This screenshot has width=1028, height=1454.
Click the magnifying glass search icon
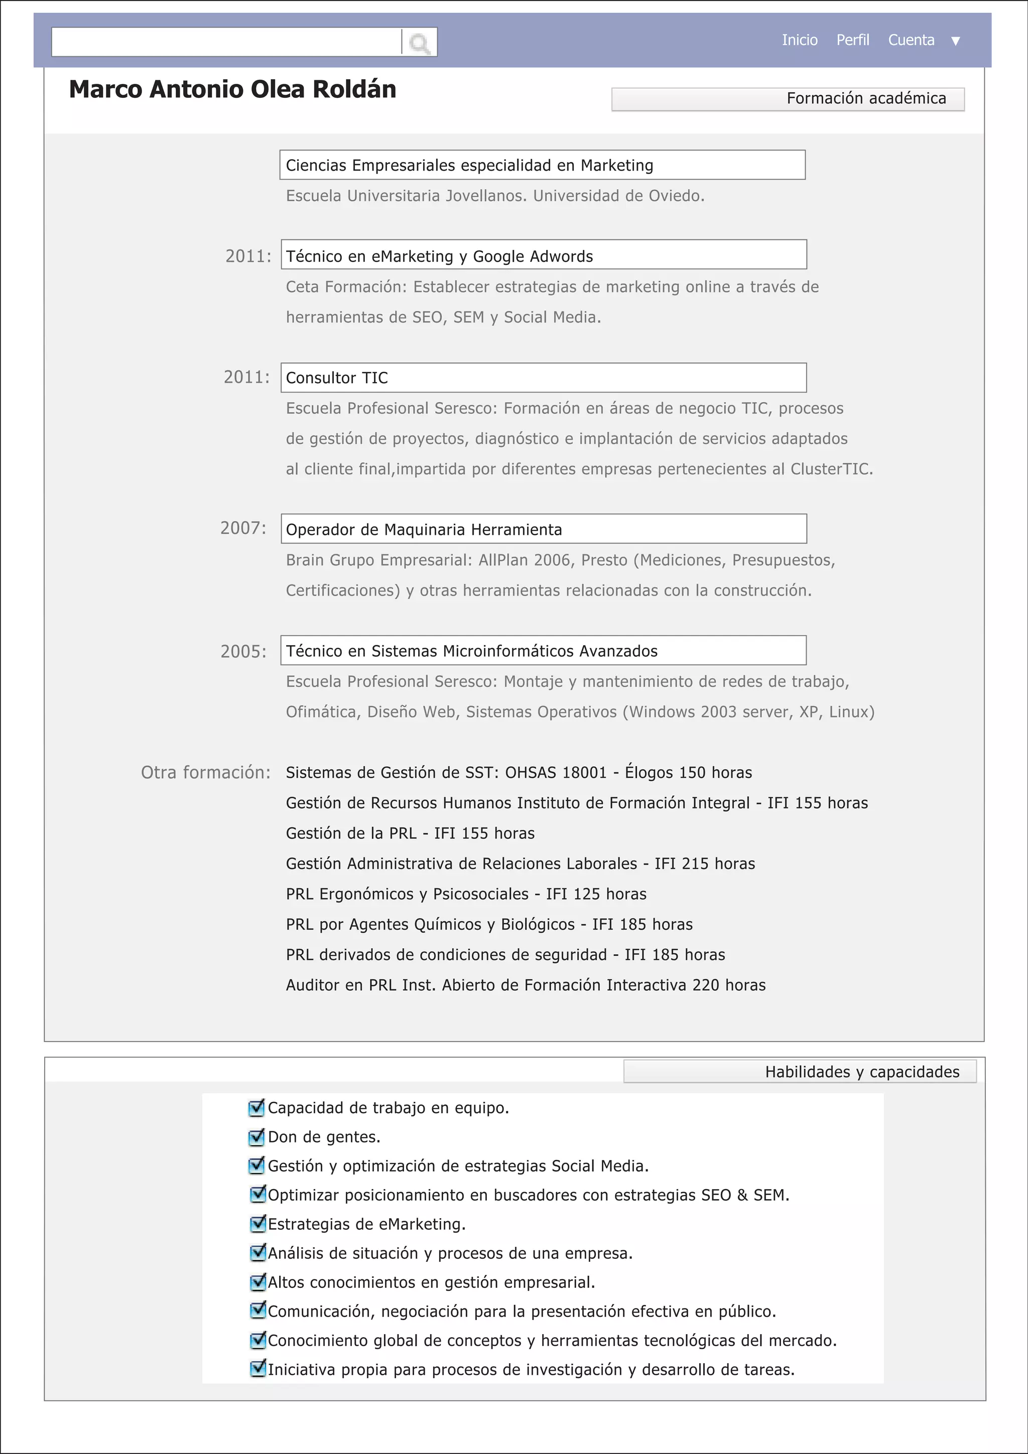tap(419, 43)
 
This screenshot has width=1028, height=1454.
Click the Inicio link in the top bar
tap(799, 40)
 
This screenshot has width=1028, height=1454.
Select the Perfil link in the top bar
tap(852, 40)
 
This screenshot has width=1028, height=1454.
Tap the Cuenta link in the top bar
tap(911, 40)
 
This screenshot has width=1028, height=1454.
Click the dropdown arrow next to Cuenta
tap(956, 41)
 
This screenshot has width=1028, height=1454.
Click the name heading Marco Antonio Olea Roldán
tap(232, 89)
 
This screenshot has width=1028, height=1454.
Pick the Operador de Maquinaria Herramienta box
tap(544, 529)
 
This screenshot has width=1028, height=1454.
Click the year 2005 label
tap(243, 651)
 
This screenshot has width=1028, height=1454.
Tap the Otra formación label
tap(205, 772)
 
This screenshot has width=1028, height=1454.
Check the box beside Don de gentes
tap(256, 1137)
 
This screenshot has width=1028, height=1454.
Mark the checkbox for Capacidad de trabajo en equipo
tap(256, 1108)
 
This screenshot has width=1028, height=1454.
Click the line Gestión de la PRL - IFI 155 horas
tap(410, 833)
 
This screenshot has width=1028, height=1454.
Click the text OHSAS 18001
tap(556, 773)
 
